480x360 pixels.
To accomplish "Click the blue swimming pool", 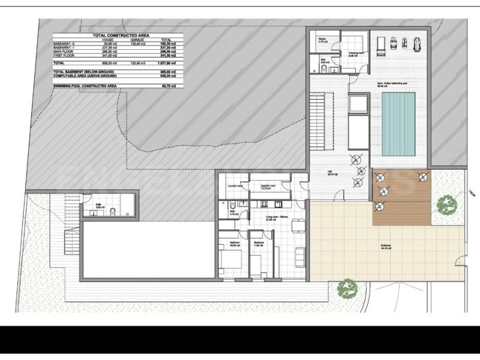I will click(x=398, y=124).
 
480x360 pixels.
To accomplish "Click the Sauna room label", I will click(x=322, y=41).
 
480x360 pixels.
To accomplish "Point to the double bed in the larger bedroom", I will click(x=231, y=260).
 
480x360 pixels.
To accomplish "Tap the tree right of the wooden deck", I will click(x=446, y=205).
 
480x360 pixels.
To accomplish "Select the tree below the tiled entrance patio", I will click(x=347, y=289).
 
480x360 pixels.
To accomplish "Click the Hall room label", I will click(x=329, y=175).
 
